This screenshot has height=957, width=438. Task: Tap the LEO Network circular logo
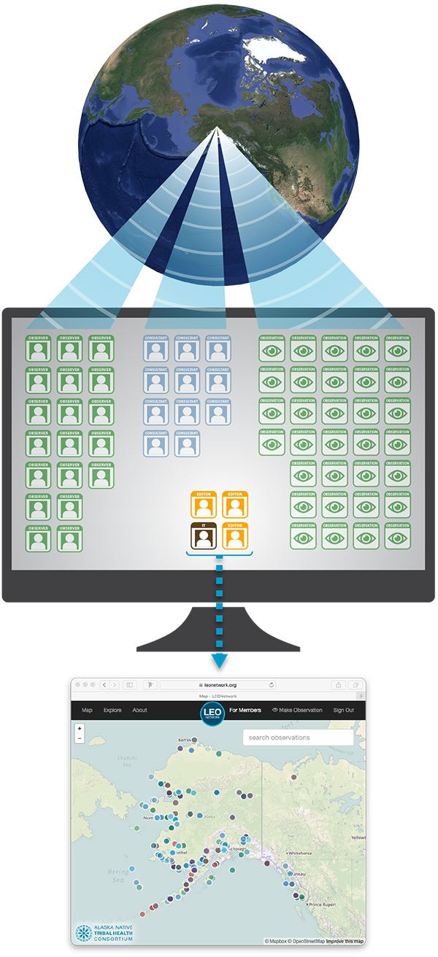212,712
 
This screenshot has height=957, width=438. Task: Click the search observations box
298,737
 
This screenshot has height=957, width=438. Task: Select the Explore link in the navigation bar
112,710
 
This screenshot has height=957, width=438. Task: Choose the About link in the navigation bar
139,710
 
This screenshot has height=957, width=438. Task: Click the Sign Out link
343,710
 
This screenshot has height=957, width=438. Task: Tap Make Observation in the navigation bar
297,710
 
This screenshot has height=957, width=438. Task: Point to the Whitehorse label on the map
300,853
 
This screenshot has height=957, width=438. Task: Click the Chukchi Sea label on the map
127,762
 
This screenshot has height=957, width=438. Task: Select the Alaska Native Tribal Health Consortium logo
104,933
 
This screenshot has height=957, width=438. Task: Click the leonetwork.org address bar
218,685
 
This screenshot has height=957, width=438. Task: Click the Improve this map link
345,941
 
